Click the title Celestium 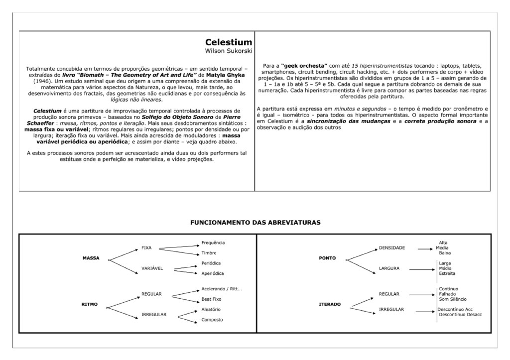229,42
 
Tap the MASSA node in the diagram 91,258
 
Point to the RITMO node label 89,304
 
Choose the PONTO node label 327,258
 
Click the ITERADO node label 329,304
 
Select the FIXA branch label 146,247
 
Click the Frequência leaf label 213,242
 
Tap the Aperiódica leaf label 213,273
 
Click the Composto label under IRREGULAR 212,320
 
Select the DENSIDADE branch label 392,247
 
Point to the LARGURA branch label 389,268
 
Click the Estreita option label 447,273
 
